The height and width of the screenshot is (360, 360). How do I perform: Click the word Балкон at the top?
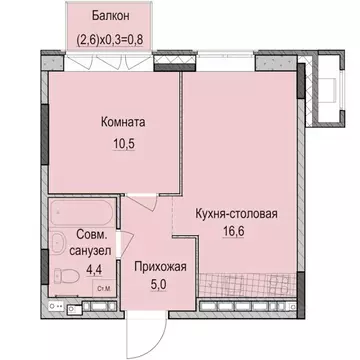[109, 16]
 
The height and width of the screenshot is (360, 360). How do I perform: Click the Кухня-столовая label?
[235, 212]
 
